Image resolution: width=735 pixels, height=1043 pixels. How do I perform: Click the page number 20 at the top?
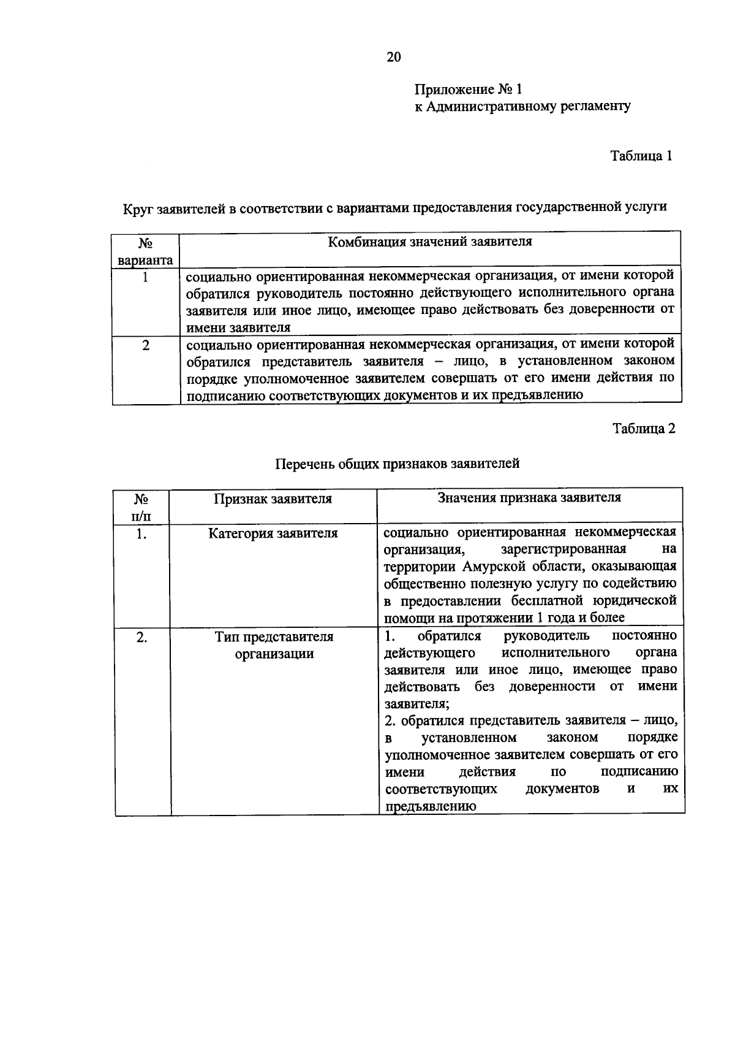click(x=393, y=57)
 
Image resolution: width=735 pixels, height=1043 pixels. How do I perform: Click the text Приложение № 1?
click(x=469, y=90)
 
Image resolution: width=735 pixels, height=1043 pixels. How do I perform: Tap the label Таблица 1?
click(x=641, y=156)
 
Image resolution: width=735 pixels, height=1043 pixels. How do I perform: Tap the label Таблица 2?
click(x=644, y=428)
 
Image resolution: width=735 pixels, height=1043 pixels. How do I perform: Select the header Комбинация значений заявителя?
click(x=429, y=242)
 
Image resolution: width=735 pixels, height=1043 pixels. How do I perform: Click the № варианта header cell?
click(x=145, y=251)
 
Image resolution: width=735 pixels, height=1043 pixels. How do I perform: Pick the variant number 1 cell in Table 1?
click(x=145, y=277)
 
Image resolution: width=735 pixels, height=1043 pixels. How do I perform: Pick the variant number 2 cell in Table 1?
click(x=145, y=345)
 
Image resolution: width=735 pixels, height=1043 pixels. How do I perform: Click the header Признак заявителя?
click(x=273, y=499)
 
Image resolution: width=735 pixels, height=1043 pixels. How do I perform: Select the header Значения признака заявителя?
click(x=529, y=497)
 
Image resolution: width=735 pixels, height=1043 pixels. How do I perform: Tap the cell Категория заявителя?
click(x=273, y=533)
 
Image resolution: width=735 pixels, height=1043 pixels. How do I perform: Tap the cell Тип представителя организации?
click(x=274, y=645)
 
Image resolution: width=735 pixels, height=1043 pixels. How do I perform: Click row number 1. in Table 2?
click(x=141, y=534)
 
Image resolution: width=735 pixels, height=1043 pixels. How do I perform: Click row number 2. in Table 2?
click(x=141, y=637)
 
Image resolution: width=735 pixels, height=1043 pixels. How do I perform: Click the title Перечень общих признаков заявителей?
click(x=397, y=464)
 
